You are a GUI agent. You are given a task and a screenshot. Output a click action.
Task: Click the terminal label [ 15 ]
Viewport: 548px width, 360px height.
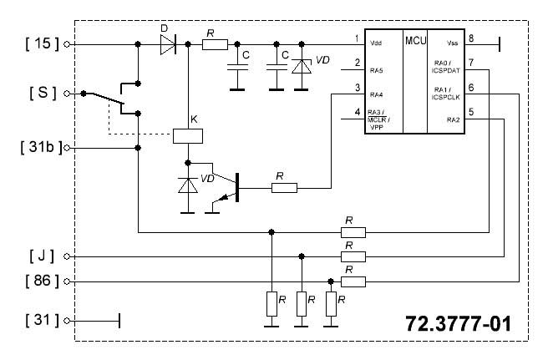43,43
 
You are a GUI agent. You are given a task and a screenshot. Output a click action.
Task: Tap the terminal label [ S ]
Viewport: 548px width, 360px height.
43,93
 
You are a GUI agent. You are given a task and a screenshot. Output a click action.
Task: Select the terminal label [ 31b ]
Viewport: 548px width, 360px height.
41,147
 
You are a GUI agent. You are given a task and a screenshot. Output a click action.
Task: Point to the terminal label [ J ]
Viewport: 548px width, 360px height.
42,256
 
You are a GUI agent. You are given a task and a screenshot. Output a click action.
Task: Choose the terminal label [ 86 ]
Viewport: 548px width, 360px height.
43,281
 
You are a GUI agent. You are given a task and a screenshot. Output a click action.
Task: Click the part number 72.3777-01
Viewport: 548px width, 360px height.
458,323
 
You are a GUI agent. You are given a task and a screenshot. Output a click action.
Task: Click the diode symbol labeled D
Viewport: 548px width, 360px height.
168,44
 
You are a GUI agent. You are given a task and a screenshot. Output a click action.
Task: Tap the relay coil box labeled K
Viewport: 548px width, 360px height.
188,136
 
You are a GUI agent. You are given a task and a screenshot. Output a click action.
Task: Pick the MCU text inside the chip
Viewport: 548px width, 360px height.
415,41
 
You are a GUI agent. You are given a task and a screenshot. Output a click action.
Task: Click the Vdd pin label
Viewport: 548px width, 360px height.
376,43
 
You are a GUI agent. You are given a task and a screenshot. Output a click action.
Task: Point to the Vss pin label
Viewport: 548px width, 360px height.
453,43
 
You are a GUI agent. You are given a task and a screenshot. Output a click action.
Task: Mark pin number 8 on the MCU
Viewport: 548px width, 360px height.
471,38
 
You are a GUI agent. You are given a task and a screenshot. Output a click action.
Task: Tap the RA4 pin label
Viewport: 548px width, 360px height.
377,94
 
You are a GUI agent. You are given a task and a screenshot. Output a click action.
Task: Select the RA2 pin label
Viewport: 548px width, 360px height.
453,120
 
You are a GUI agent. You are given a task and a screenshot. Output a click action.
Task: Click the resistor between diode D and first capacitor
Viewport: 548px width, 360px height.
215,44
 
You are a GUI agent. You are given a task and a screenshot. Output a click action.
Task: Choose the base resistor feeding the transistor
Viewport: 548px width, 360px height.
285,188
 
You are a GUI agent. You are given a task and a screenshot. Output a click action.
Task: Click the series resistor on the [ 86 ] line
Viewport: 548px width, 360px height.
353,281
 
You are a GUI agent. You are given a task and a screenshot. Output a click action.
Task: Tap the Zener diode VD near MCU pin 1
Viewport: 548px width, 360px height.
302,67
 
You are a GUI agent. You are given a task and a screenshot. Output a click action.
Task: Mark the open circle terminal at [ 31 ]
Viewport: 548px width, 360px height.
67,321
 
